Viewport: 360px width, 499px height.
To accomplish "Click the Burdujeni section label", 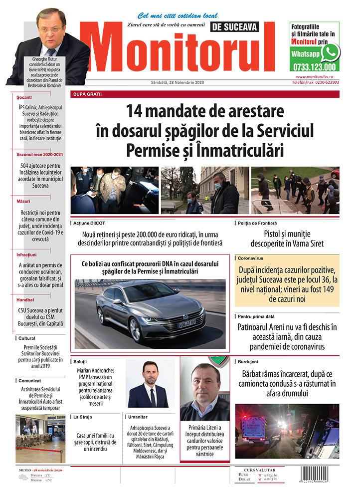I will click(x=248, y=361).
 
